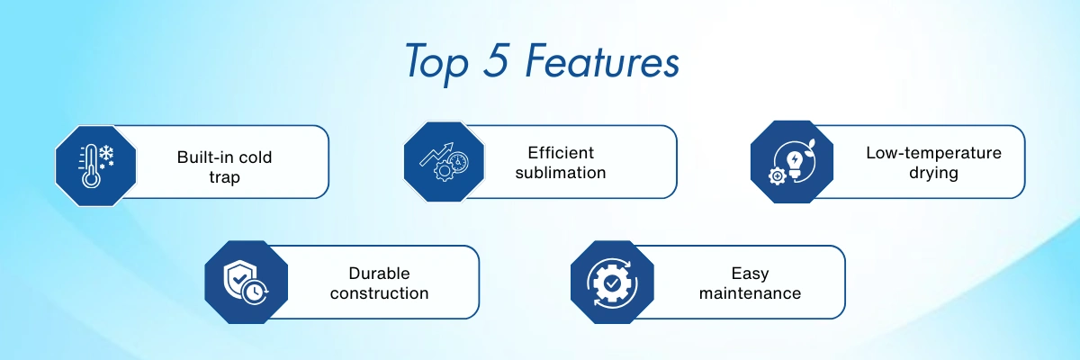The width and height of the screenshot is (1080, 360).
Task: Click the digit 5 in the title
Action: tap(496, 60)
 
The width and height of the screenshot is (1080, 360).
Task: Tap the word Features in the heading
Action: tap(602, 60)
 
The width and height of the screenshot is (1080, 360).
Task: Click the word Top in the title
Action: tap(436, 64)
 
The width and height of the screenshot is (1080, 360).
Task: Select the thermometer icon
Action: tap(90, 166)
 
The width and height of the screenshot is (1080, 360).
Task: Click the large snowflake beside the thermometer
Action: tap(106, 153)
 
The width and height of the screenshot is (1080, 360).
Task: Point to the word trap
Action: tap(225, 177)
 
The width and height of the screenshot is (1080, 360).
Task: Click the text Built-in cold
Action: tap(225, 157)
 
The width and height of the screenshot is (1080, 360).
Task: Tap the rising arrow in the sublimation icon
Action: tap(436, 154)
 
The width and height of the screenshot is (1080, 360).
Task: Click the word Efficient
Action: tap(561, 153)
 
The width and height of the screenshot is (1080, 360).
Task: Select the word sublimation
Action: tap(561, 173)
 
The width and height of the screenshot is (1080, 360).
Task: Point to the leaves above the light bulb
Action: tap(812, 145)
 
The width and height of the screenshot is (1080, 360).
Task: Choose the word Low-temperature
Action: tap(934, 153)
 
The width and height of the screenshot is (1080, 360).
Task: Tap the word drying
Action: tap(934, 173)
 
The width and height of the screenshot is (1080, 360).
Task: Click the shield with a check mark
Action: tap(239, 279)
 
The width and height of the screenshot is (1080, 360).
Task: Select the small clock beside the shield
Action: tap(255, 292)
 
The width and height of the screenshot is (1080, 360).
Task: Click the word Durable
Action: tap(380, 274)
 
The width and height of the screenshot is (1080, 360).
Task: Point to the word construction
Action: tap(380, 293)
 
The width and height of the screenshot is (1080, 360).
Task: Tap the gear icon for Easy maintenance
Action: tap(612, 283)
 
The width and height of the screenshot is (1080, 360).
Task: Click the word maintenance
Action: tap(751, 293)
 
